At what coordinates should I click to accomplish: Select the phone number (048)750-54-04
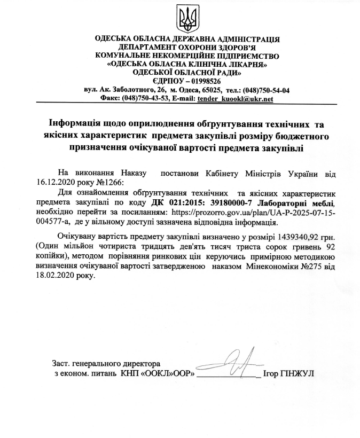[x=264, y=90]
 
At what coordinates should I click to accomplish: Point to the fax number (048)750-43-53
[x=145, y=99]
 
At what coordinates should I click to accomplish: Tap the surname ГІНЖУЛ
[x=297, y=373]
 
